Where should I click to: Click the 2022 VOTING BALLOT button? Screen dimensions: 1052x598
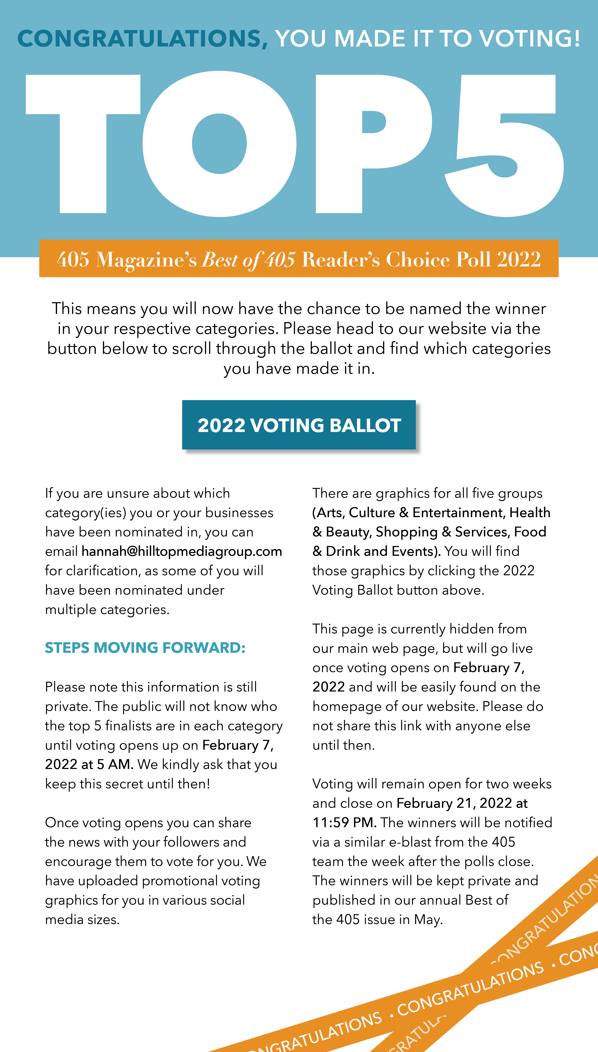(299, 425)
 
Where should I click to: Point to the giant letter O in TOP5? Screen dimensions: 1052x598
(220, 144)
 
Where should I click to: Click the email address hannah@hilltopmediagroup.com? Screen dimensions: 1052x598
(182, 551)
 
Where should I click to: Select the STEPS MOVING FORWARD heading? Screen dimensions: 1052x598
(145, 648)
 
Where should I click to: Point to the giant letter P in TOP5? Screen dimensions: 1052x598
(370, 144)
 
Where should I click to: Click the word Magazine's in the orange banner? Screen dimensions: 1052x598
(146, 260)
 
